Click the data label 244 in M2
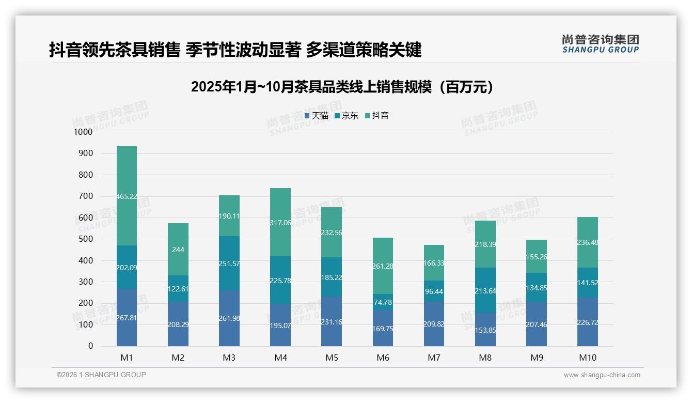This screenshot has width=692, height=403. pos(178,250)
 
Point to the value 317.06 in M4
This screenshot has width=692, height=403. pos(280,223)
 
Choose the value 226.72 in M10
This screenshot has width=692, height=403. pos(587,322)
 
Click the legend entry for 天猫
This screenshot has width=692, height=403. pos(317,116)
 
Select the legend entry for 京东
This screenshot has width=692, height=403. pos(347,116)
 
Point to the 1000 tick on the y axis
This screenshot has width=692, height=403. pos(83,132)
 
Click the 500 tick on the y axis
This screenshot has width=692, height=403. pos(86,239)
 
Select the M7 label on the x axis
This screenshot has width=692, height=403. pos(434,358)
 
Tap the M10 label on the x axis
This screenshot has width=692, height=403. pos(587,358)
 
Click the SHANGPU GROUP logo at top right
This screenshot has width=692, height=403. pos(600,44)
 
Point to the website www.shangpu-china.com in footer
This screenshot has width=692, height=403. pos(602,375)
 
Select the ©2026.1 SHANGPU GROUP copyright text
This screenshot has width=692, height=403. pos(101,375)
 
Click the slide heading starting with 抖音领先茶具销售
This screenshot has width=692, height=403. pos(235,50)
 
